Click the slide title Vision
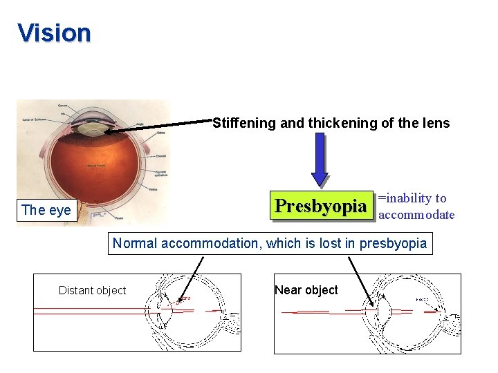[54, 32]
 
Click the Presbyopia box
[321, 206]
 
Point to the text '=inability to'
[413, 198]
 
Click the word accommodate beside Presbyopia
[417, 215]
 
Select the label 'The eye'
[46, 210]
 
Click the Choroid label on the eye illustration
[160, 156]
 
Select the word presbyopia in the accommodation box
[393, 243]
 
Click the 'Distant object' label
[93, 290]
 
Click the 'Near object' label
[306, 290]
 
